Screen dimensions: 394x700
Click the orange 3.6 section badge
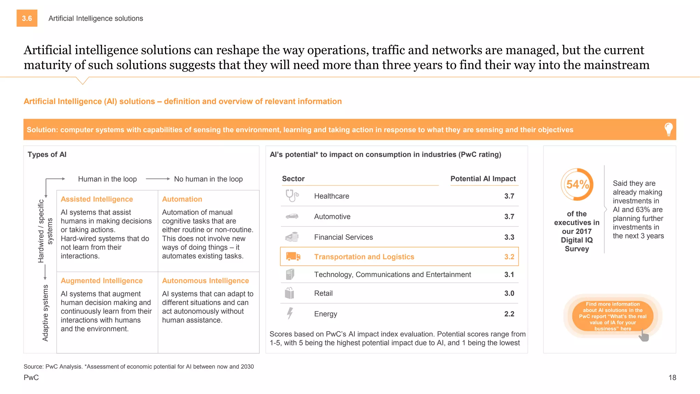(27, 18)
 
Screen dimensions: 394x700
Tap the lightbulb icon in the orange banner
(668, 130)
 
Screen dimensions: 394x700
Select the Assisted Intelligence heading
(97, 199)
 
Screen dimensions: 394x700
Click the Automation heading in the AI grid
(182, 199)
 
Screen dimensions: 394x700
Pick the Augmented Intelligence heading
(102, 280)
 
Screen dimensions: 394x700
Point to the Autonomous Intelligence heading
(205, 280)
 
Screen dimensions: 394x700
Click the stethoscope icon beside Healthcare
(292, 196)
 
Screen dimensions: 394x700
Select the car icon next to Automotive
(292, 216)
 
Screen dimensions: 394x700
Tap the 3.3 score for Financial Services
(509, 237)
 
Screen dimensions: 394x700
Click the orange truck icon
(293, 257)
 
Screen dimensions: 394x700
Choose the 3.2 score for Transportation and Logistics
(509, 257)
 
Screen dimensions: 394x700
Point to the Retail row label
(323, 293)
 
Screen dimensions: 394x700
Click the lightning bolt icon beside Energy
(290, 313)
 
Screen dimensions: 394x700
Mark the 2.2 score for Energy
(509, 314)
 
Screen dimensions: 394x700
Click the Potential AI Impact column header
(483, 179)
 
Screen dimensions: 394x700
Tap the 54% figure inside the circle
(577, 185)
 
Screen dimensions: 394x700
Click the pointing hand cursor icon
(644, 336)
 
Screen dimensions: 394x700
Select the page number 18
(672, 378)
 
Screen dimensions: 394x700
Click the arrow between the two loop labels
(158, 179)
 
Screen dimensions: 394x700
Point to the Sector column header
(293, 179)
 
